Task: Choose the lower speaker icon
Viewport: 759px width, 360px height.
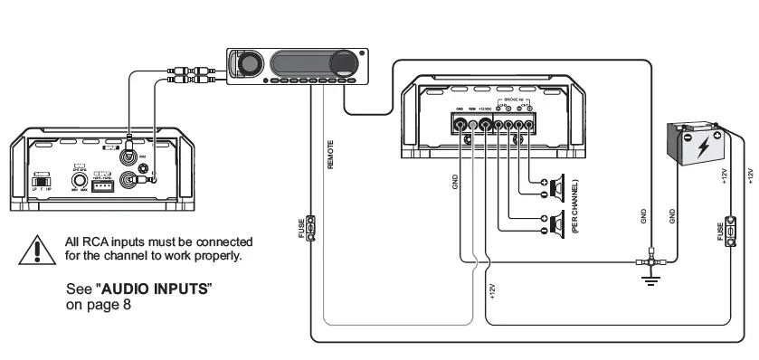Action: pyautogui.click(x=554, y=221)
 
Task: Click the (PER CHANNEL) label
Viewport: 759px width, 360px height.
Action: pyautogui.click(x=575, y=206)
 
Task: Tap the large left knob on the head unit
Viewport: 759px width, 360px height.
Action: pyautogui.click(x=248, y=64)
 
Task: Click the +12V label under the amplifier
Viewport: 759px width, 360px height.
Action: pyautogui.click(x=492, y=289)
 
